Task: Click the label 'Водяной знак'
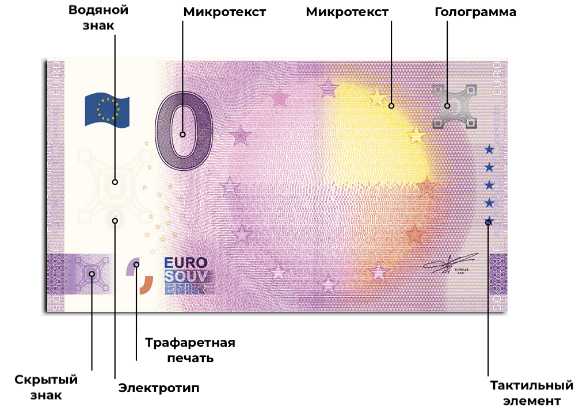[x=98, y=17]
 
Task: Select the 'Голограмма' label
[x=475, y=12]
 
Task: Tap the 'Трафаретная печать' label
[x=190, y=350]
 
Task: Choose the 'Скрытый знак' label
[x=45, y=387]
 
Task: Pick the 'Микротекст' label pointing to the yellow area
[x=347, y=12]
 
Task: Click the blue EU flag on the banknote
[x=107, y=109]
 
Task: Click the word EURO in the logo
[x=186, y=263]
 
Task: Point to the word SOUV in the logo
[x=186, y=276]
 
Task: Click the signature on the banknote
[x=451, y=263]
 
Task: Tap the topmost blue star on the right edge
[x=489, y=149]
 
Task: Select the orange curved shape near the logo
[x=146, y=284]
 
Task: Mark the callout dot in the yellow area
[x=391, y=106]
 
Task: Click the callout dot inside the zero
[x=182, y=135]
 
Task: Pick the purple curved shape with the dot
[x=133, y=266]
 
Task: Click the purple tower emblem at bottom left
[x=92, y=274]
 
